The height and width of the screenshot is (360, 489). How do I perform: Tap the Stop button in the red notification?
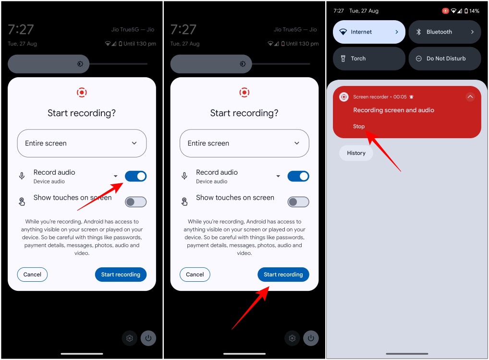coord(359,126)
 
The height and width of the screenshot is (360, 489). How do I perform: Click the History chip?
coord(356,153)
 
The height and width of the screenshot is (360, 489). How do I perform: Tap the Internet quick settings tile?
coord(369,32)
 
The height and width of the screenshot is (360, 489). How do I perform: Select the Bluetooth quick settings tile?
coord(445,32)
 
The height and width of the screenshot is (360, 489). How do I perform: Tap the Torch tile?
coord(369,59)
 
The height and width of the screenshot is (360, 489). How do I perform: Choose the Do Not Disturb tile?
coord(445,59)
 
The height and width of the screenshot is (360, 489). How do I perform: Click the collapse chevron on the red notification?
coord(470,96)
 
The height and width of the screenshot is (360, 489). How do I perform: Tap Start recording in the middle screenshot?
coord(283,275)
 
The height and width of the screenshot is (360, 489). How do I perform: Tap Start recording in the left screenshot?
coord(121,275)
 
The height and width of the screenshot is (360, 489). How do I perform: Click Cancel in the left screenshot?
coord(32,275)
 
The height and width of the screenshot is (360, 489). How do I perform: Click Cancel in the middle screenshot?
coord(195,275)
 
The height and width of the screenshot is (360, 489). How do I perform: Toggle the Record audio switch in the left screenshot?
coord(135,176)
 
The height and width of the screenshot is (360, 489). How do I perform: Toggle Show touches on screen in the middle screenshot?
coord(298,202)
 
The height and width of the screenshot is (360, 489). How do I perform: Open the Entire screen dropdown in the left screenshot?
coord(82,144)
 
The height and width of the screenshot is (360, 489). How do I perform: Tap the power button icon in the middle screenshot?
coord(311,338)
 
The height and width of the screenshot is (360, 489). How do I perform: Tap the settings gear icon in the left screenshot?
coord(129,338)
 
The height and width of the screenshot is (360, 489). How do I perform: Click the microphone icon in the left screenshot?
coord(22,176)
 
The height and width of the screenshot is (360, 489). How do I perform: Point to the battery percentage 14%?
coord(474,11)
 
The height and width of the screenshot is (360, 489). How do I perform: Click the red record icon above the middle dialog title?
coord(244,93)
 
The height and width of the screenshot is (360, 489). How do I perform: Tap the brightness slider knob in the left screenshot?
coord(80,64)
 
